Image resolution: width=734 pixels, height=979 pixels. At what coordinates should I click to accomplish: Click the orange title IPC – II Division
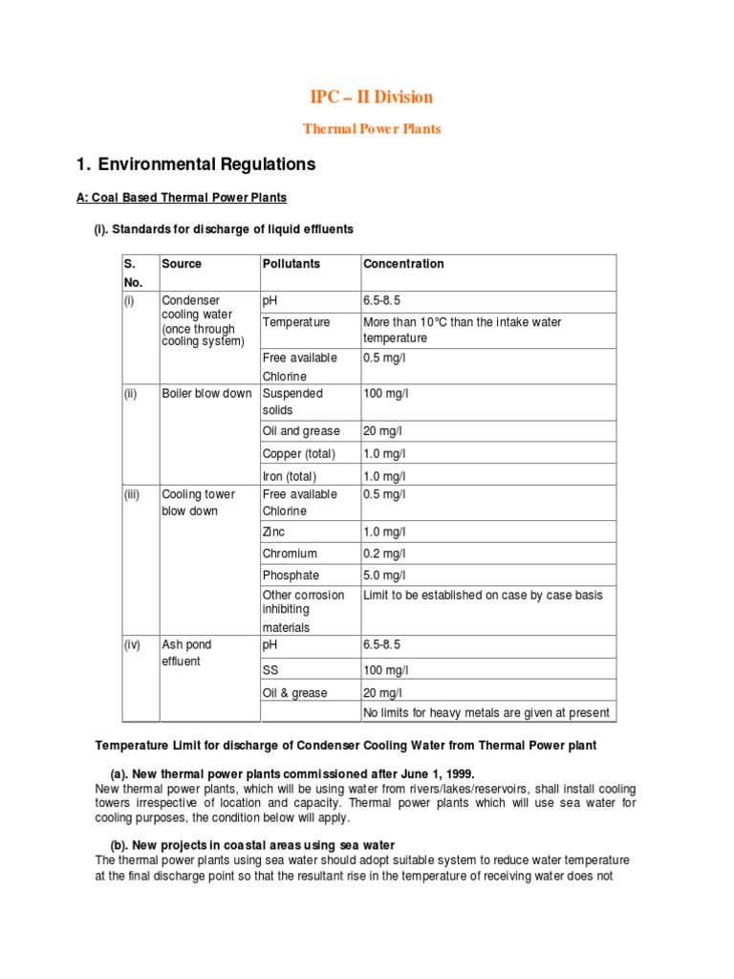372,97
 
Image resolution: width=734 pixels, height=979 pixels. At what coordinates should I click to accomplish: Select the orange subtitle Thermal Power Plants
372,129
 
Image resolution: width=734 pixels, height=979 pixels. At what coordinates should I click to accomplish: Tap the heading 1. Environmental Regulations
195,164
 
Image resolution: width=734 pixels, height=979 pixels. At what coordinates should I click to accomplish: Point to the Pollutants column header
291,264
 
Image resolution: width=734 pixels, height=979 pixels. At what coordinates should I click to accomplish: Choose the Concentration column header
403,264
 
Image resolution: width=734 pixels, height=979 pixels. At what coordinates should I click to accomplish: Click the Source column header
182,264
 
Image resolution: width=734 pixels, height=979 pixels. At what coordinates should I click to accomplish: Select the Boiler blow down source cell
206,393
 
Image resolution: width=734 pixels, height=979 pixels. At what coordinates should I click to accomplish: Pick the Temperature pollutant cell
296,322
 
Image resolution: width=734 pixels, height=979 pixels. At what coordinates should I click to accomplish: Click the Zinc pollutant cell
274,532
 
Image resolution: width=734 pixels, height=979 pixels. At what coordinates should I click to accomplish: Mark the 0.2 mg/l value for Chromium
384,554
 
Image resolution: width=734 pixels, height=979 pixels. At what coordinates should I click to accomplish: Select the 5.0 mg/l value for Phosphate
384,576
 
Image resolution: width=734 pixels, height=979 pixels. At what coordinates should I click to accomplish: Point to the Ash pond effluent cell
182,653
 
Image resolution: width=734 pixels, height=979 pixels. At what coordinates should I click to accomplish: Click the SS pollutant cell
270,670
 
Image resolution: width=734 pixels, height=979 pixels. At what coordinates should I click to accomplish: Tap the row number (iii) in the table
134,494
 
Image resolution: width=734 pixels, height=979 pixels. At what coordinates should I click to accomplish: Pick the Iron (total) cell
290,476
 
